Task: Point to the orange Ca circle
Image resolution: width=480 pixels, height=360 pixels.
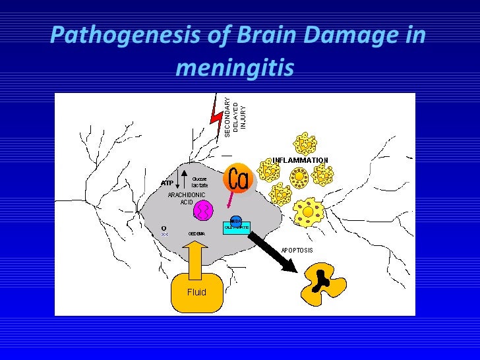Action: coord(237,178)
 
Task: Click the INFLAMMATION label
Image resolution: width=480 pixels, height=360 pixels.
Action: coord(300,160)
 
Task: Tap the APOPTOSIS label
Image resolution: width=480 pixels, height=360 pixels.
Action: coord(297,250)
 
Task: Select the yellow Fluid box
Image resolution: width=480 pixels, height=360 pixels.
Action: coord(196,292)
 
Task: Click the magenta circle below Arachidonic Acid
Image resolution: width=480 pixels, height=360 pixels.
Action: coord(204,210)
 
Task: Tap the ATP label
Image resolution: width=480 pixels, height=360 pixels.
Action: coord(167,183)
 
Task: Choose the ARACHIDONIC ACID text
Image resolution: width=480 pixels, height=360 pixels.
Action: coord(187,198)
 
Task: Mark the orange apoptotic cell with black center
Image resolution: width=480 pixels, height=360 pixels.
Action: coord(322,282)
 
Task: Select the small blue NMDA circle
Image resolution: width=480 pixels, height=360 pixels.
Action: coord(235,220)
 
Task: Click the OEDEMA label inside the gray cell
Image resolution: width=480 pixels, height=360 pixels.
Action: coord(196,233)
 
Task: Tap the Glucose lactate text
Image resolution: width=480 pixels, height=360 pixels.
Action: coord(199,182)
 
